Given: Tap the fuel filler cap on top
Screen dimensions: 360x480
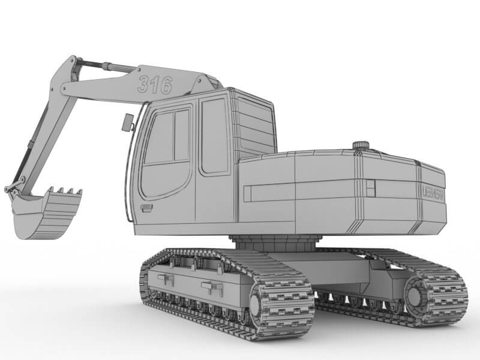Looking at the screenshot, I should (x=360, y=145).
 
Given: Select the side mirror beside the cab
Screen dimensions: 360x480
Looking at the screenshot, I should (x=127, y=122).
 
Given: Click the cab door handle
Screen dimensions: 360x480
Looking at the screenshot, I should (x=146, y=208).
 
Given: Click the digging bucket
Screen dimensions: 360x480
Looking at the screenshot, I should (x=45, y=213).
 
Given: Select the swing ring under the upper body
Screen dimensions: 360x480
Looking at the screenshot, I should (x=274, y=243).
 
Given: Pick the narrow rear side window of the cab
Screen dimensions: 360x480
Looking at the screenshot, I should (x=214, y=136).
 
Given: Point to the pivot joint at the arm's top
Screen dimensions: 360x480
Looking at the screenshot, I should (x=73, y=63).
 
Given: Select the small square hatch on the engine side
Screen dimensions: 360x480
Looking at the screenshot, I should (x=370, y=188).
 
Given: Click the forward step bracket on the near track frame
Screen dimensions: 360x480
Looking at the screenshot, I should (x=166, y=279).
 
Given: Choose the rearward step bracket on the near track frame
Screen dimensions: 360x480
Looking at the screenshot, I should (x=212, y=287).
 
